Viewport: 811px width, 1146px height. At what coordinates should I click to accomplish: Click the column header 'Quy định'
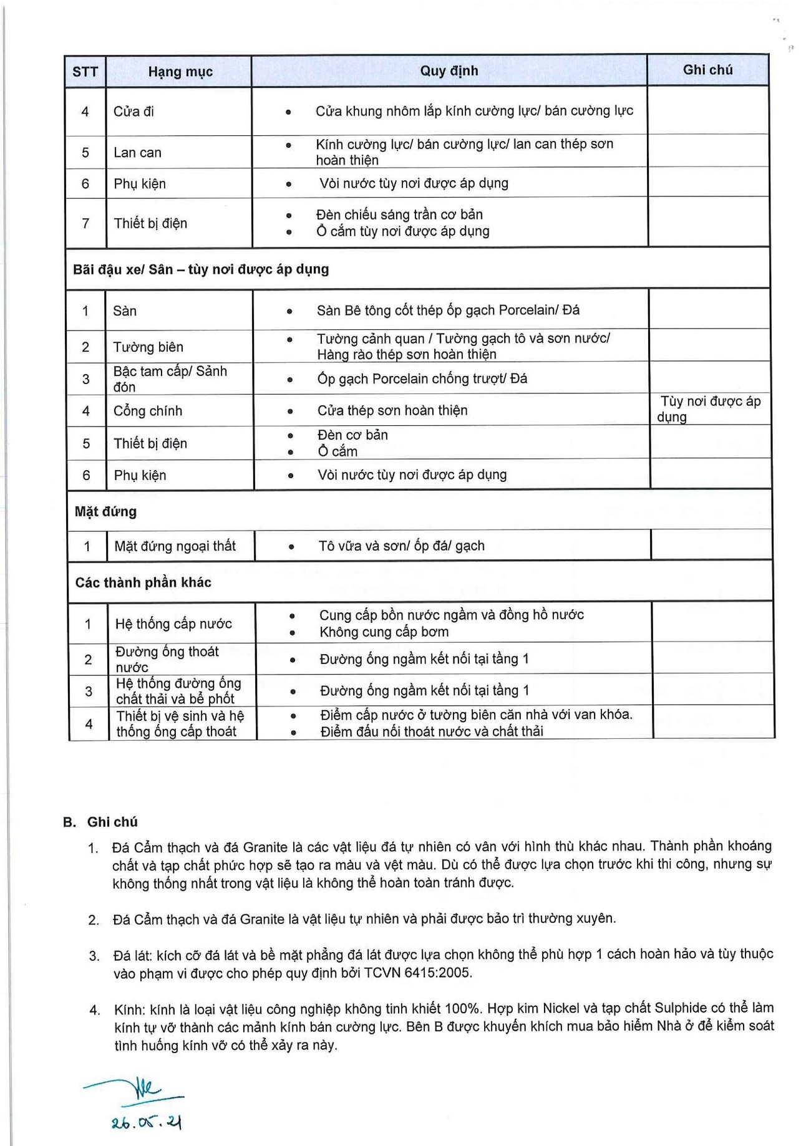tap(449, 71)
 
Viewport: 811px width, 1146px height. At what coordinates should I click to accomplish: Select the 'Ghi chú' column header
tap(707, 70)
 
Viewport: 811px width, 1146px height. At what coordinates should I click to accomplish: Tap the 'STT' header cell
tap(85, 72)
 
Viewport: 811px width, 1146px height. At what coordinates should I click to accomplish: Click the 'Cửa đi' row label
tap(134, 112)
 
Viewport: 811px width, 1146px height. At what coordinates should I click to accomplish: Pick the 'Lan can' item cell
tap(137, 153)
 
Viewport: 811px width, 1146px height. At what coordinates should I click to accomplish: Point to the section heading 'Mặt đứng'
tap(105, 512)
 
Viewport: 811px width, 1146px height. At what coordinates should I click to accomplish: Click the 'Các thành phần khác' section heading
tap(143, 583)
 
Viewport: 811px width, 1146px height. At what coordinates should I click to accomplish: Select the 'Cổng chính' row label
tap(148, 412)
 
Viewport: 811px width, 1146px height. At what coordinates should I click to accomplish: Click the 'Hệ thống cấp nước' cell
tap(173, 624)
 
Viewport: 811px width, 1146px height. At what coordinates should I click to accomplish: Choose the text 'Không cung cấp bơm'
tap(384, 632)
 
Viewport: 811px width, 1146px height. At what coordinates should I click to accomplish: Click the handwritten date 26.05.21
tap(147, 1123)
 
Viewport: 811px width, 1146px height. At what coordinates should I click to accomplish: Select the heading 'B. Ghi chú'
tap(100, 822)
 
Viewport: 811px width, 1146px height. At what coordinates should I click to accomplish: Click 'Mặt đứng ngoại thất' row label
tap(175, 547)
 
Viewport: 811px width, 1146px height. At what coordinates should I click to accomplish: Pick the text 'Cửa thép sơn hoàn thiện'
tap(392, 411)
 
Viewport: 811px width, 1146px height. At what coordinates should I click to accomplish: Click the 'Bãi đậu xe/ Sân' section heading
tap(201, 269)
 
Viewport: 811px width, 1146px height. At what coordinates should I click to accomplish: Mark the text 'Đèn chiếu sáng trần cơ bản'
tap(399, 215)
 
